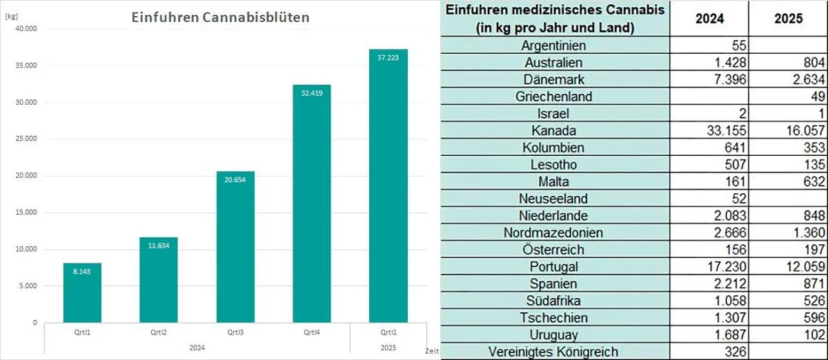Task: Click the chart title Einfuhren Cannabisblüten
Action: point(220,17)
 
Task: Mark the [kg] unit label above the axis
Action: point(11,15)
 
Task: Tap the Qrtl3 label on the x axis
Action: point(235,332)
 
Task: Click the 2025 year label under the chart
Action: point(388,348)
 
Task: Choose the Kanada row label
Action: point(555,130)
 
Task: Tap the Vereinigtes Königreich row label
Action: point(555,351)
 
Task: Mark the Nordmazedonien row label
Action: point(555,232)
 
